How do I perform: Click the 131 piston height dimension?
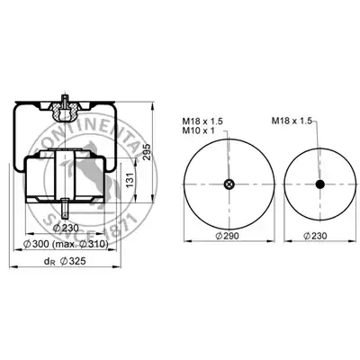(130, 181)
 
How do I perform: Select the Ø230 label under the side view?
(66, 229)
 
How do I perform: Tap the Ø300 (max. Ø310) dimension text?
(66, 245)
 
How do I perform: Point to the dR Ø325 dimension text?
(65, 262)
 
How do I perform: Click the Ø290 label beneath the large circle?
(228, 236)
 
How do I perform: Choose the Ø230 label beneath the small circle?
(315, 236)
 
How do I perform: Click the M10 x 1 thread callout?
(198, 130)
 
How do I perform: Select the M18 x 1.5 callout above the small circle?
(292, 121)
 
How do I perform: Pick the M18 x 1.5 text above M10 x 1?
(202, 121)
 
